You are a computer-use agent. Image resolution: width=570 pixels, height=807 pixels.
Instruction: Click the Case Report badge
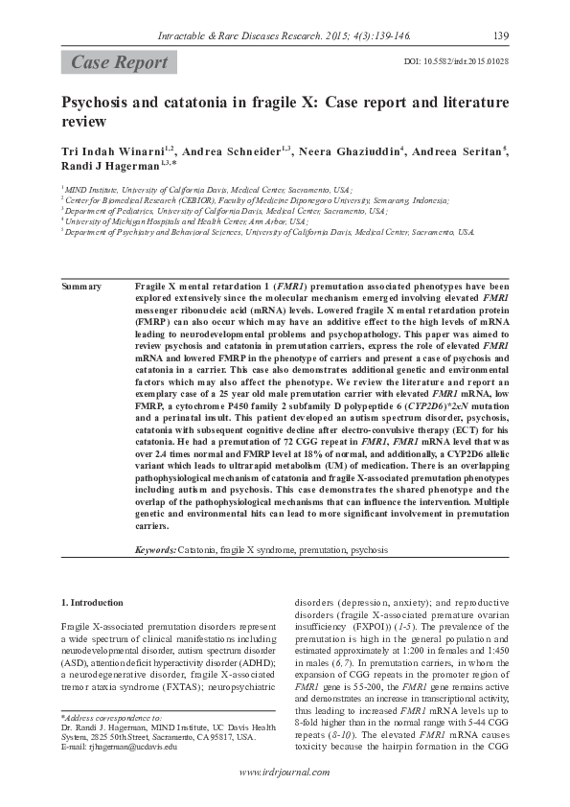120,63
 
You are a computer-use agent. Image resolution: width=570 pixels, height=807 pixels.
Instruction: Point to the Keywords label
155,551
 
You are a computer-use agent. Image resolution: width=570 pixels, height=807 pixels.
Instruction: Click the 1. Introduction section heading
92,603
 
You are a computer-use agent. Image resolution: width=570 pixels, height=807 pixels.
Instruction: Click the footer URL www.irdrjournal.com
284,772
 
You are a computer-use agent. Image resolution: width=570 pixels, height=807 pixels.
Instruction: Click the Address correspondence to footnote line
111,717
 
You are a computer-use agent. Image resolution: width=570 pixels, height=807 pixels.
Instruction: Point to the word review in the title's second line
83,123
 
